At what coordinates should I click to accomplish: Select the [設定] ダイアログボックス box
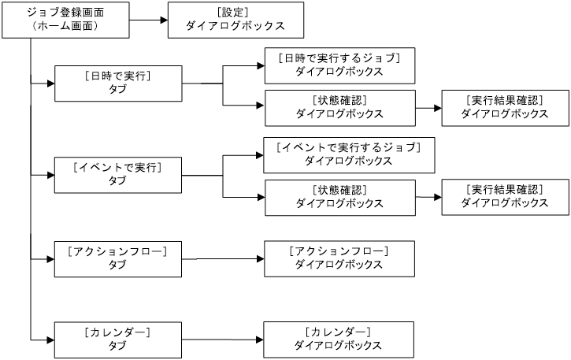click(x=235, y=20)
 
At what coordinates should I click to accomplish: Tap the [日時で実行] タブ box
click(x=117, y=82)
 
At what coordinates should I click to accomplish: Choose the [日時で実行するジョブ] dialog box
click(x=339, y=65)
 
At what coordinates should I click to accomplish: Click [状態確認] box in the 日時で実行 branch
click(x=339, y=107)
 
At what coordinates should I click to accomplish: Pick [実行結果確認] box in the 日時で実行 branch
click(x=504, y=107)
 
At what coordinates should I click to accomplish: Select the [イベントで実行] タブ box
click(x=117, y=175)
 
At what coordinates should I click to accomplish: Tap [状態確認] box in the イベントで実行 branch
click(x=339, y=196)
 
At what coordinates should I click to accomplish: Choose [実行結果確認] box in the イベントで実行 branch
click(x=504, y=196)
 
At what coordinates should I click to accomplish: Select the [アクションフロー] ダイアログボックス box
click(x=339, y=258)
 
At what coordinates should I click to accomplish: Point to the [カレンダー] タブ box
click(x=117, y=340)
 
